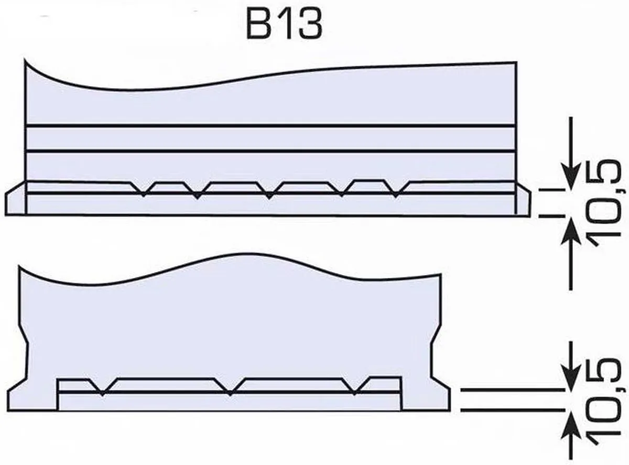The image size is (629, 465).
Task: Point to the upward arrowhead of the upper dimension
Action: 571,232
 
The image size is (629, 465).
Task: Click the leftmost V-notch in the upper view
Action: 144,190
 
